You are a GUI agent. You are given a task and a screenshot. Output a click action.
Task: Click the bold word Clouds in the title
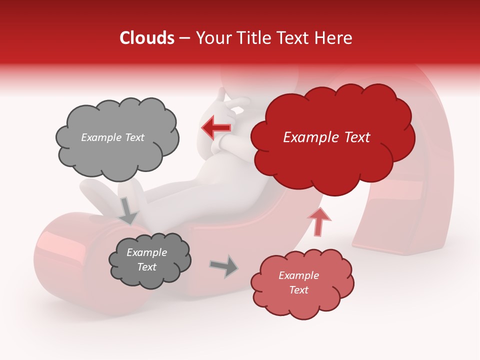click(x=147, y=38)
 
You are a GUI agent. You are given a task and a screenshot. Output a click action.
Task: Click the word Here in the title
click(x=334, y=38)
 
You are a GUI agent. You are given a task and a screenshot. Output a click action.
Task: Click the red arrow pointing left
click(x=216, y=128)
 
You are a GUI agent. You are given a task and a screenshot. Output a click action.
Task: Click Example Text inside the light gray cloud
click(x=112, y=137)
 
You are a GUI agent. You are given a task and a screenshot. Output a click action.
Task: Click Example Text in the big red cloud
click(x=326, y=137)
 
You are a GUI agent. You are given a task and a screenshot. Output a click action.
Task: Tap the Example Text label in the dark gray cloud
click(x=147, y=260)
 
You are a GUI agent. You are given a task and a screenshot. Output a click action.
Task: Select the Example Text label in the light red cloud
click(x=298, y=282)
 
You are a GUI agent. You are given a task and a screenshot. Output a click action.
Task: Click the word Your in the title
click(x=211, y=38)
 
